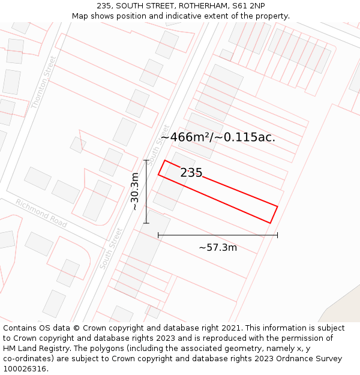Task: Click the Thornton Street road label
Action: click(44, 82)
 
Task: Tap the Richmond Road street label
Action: click(41, 212)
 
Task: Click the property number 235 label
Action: click(191, 173)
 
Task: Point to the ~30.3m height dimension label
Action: click(135, 191)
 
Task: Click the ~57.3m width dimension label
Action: click(218, 247)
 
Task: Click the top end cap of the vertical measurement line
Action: click(146, 160)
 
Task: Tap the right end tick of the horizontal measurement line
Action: click(277, 235)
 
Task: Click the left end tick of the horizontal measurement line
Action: click(158, 235)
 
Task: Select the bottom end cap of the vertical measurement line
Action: click(146, 223)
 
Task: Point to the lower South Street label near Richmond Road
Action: click(111, 248)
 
